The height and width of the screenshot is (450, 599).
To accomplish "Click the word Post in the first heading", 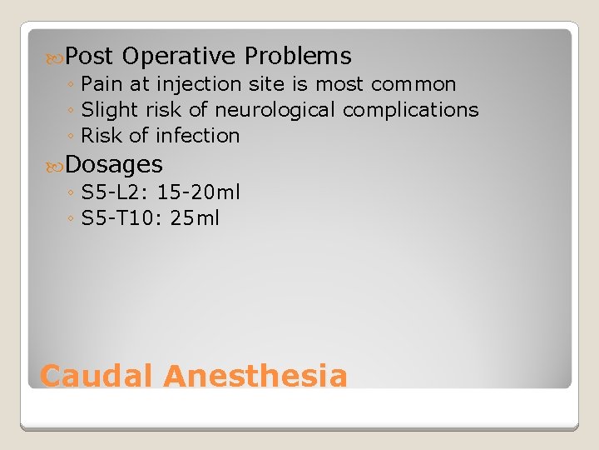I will tap(89, 57).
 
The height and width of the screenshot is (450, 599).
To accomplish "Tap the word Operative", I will tap(179, 57).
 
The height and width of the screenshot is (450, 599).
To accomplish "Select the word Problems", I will tap(298, 57).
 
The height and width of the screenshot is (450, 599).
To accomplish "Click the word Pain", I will tap(101, 84).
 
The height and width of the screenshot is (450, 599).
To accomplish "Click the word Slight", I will tap(106, 110).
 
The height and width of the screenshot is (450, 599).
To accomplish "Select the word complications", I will tap(410, 110).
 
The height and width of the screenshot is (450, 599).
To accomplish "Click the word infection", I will tap(196, 136).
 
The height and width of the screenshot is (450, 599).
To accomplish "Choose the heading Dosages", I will tap(114, 164).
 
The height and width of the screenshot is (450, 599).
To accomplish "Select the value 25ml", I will tap(196, 218).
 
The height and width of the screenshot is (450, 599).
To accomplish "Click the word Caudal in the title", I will tap(97, 376).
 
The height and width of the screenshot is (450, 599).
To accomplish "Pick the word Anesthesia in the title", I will tap(255, 376).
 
